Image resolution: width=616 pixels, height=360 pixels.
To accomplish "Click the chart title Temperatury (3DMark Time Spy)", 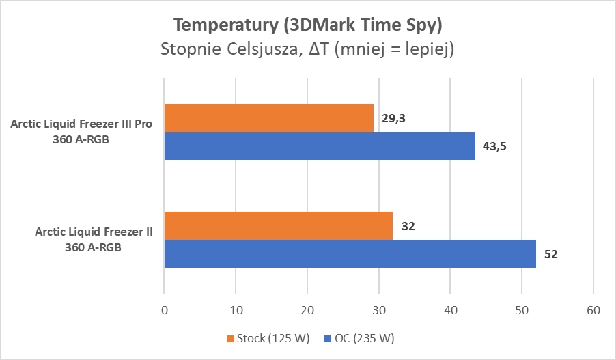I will pyautogui.click(x=308, y=25).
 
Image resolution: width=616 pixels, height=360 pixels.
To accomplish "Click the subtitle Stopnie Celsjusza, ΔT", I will pyautogui.click(x=308, y=50).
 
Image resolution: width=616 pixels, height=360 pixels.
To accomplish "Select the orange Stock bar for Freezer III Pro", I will pyautogui.click(x=268, y=117).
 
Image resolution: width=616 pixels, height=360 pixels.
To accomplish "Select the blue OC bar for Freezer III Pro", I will pyautogui.click(x=320, y=146).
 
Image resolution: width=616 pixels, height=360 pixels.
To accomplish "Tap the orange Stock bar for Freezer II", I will pyautogui.click(x=278, y=225).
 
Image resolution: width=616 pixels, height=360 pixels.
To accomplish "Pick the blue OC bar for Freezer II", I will pyautogui.click(x=350, y=253).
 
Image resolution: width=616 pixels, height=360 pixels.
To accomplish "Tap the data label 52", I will pyautogui.click(x=550, y=254).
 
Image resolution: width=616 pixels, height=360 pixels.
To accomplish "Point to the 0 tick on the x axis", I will pyautogui.click(x=164, y=309).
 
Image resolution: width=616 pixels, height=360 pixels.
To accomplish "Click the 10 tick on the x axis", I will pyautogui.click(x=236, y=309).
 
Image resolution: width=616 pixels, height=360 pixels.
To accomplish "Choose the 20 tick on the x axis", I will pyautogui.click(x=307, y=309).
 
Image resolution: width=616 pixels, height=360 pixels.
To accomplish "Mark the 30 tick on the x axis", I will pyautogui.click(x=378, y=309).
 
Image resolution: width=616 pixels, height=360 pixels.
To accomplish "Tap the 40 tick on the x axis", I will pyautogui.click(x=450, y=309).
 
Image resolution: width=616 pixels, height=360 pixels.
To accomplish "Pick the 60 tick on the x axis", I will pyautogui.click(x=593, y=309).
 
